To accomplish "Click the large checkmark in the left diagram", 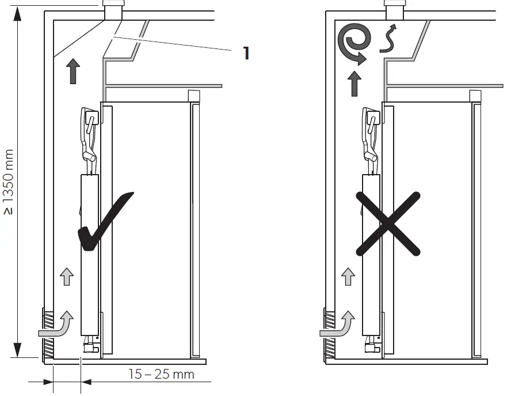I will coord(104,225).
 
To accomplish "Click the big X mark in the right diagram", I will coord(388,224).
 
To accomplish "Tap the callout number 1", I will coord(246,53).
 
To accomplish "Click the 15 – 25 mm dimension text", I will coord(161,374).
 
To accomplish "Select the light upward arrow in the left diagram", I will coord(67,277).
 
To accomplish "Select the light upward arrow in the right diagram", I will coord(348,277).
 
